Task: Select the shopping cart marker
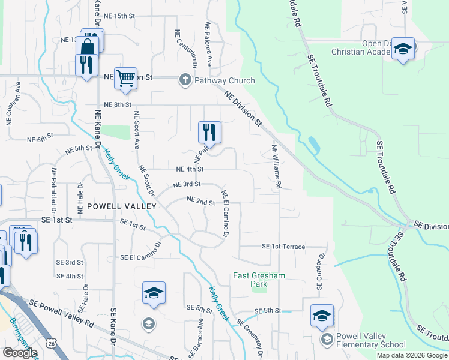125,79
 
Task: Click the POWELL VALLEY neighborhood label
122,206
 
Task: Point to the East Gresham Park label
259,280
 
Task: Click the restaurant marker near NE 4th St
209,132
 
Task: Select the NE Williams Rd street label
276,167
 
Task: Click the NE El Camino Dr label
225,214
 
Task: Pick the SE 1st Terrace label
283,247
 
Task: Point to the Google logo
20,353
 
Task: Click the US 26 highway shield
50,343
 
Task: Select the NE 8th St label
117,104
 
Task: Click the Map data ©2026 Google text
412,355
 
